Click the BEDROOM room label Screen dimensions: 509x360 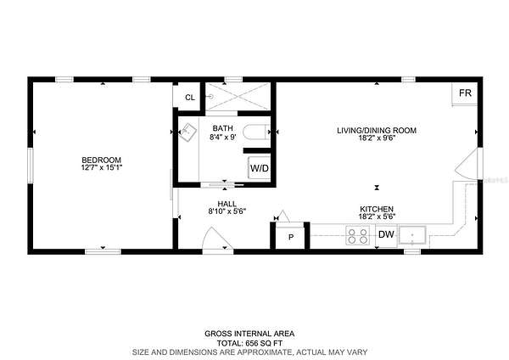(x=101, y=160)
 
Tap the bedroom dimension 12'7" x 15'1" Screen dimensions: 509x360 (x=102, y=167)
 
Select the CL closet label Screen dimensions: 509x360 (x=190, y=98)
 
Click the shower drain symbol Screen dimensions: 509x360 (x=211, y=97)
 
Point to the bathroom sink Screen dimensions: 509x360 (x=187, y=132)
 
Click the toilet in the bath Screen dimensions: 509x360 (x=256, y=132)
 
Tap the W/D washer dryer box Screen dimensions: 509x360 (x=260, y=168)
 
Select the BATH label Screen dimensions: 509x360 (x=222, y=128)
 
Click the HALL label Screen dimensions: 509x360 (x=227, y=204)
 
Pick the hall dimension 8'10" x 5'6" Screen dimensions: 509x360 (x=227, y=211)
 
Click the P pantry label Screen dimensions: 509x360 (x=291, y=238)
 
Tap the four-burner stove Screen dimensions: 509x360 (x=357, y=236)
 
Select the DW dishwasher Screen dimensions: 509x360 (x=386, y=234)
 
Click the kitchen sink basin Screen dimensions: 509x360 (x=412, y=235)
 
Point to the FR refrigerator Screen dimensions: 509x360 (x=465, y=93)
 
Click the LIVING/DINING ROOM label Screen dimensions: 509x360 (x=377, y=131)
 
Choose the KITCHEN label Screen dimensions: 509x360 (x=377, y=209)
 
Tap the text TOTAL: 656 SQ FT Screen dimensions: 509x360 (x=249, y=343)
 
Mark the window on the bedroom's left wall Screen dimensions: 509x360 (x=31, y=165)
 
